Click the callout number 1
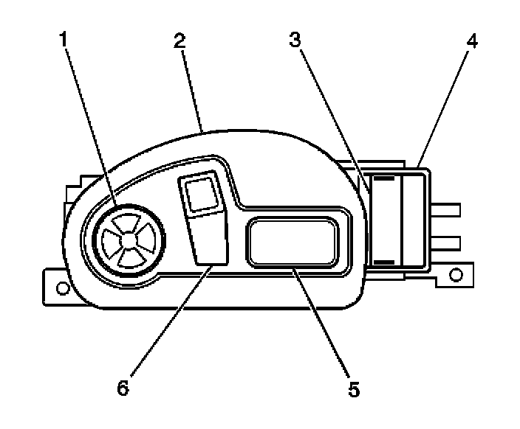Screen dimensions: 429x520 64,38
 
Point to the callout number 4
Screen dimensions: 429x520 471,41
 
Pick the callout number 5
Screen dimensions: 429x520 355,388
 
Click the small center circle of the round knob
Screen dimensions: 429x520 129,238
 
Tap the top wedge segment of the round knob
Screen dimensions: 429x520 129,220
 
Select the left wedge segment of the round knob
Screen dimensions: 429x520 112,238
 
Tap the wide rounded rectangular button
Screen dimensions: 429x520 294,242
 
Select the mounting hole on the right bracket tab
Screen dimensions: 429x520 456,276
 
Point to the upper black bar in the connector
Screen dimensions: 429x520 385,178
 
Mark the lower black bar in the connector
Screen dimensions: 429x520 385,261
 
